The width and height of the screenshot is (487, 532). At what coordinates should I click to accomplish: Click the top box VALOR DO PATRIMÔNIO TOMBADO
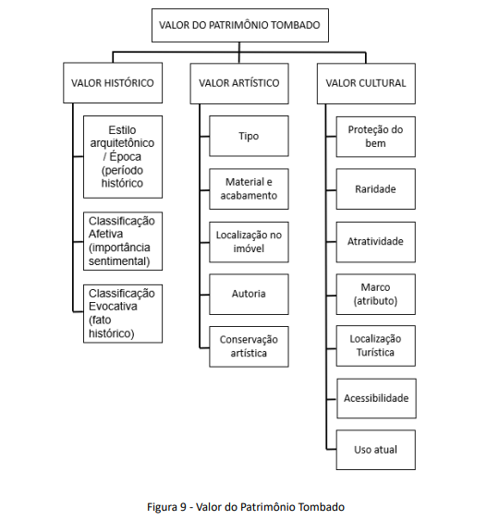click(x=240, y=26)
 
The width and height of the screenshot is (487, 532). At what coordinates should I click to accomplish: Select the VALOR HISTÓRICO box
click(x=113, y=83)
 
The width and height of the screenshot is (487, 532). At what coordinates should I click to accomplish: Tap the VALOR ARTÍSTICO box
click(x=239, y=83)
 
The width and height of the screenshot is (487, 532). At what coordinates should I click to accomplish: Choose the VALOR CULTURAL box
click(x=366, y=83)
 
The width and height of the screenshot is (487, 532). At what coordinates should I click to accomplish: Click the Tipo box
click(x=249, y=136)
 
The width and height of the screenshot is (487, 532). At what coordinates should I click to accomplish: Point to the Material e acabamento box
click(x=249, y=189)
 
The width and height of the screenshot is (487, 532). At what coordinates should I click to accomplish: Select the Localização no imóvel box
click(x=249, y=242)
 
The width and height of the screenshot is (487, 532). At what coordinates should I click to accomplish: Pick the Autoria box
click(x=249, y=294)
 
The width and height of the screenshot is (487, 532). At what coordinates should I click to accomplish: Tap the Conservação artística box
click(x=249, y=346)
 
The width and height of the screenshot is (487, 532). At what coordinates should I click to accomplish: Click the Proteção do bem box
click(x=376, y=137)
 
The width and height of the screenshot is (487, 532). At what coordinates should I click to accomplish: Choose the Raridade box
click(x=376, y=189)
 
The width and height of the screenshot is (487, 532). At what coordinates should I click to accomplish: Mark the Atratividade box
click(x=376, y=242)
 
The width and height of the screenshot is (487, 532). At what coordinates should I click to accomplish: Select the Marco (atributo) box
click(x=376, y=294)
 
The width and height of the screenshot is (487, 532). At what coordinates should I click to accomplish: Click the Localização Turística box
click(x=376, y=345)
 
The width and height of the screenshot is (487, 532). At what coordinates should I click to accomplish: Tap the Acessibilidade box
click(x=376, y=398)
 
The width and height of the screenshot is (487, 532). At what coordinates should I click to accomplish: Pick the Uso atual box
click(x=376, y=450)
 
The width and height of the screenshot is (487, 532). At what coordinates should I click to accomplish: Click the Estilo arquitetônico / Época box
click(x=123, y=157)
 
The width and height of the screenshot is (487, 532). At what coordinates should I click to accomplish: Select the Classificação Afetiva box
click(x=123, y=241)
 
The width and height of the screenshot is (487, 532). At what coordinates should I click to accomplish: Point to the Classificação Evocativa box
click(x=123, y=313)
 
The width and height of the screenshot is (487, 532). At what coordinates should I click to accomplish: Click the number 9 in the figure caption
click(x=183, y=507)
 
